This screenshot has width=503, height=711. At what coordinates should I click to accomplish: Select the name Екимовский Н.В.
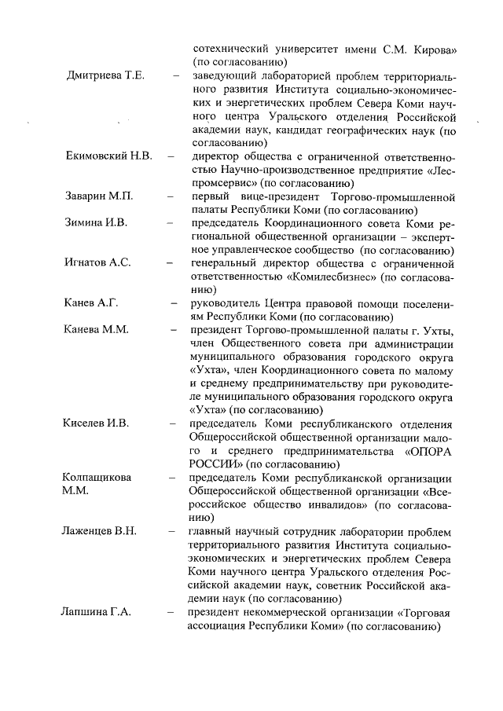tap(108, 156)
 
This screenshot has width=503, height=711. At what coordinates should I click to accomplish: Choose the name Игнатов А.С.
tap(97, 263)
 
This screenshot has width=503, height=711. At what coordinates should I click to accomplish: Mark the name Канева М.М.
tap(95, 330)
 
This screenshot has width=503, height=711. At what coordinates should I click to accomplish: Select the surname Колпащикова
tap(97, 478)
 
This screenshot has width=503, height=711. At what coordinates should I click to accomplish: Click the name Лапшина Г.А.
tap(97, 613)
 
